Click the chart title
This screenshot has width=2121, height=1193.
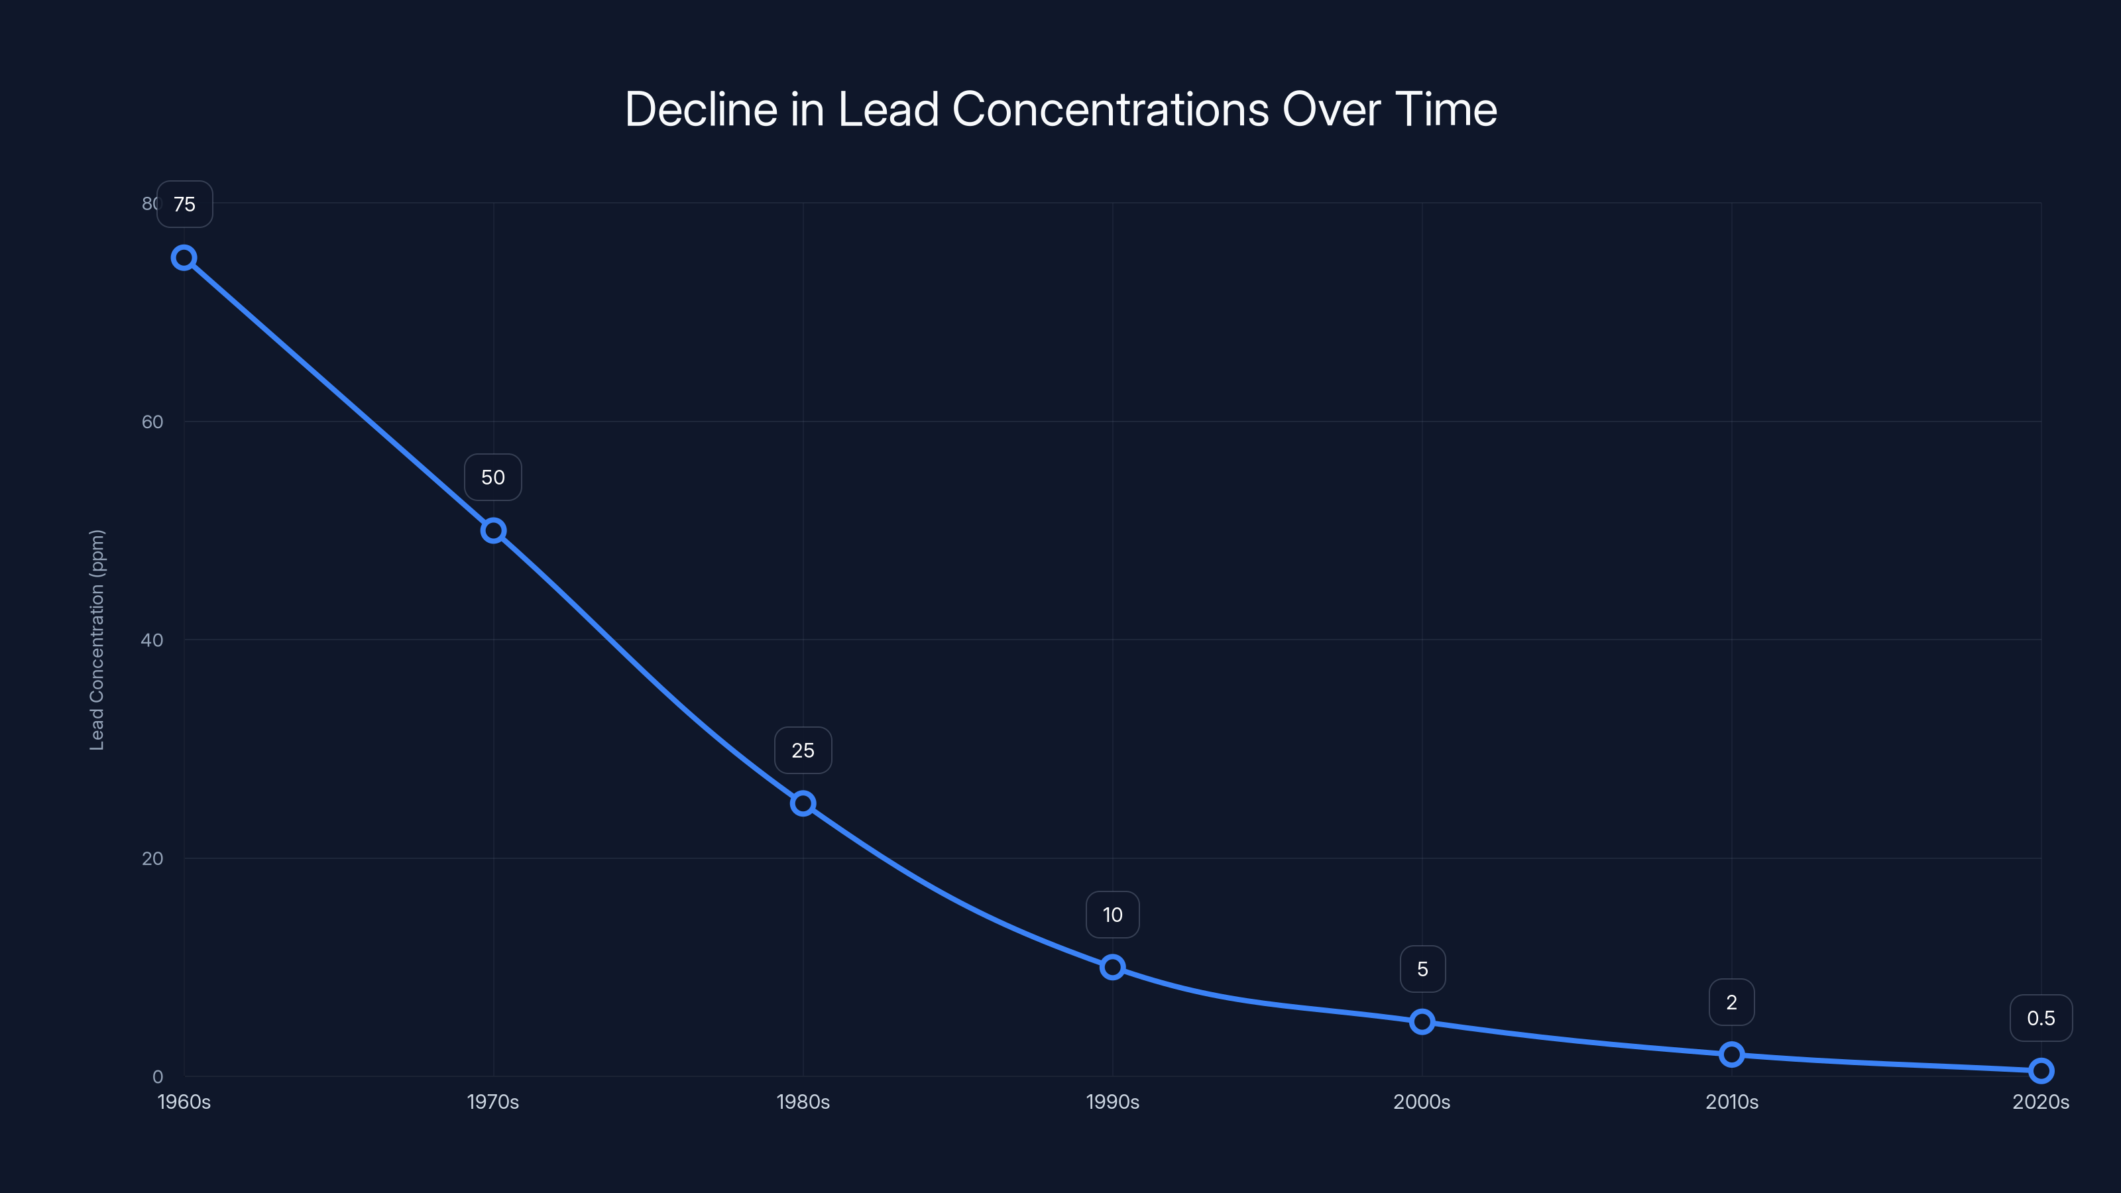click(x=1060, y=109)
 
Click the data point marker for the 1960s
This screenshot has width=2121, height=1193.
click(x=184, y=258)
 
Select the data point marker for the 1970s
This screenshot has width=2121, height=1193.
click(x=493, y=530)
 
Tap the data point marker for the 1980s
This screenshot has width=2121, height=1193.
click(x=803, y=803)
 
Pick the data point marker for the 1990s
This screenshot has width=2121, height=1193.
click(x=1112, y=966)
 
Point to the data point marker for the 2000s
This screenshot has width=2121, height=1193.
click(x=1422, y=1022)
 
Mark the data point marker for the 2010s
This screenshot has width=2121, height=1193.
click(x=1731, y=1054)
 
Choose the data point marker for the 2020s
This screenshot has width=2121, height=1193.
click(x=2041, y=1070)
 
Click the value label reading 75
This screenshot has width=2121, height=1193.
click(x=184, y=204)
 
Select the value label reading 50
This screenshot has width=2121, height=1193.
click(x=493, y=477)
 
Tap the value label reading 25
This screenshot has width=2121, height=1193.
click(x=803, y=750)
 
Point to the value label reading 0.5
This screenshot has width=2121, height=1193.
click(x=2041, y=1019)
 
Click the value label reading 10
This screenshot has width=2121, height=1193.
click(x=1112, y=915)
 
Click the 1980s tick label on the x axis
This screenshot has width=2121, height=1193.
click(x=803, y=1102)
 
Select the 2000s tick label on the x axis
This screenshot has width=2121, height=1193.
click(x=1422, y=1102)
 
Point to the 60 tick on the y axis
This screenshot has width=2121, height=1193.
click(x=152, y=422)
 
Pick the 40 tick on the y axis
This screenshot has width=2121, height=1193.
click(x=152, y=640)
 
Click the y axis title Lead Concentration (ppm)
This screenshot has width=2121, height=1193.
click(x=97, y=640)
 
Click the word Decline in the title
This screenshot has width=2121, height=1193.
click(x=701, y=109)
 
